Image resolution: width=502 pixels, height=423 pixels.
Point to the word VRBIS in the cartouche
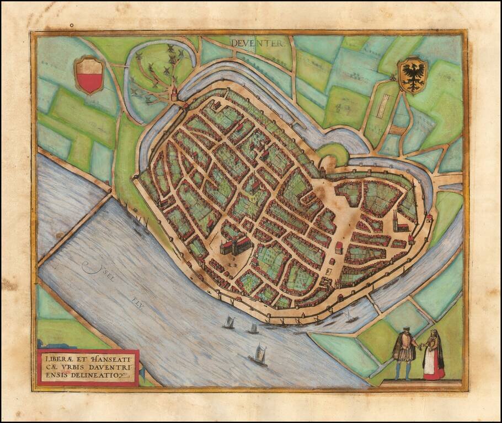[74, 367]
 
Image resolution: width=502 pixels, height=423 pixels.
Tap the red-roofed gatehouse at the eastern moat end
[429, 219]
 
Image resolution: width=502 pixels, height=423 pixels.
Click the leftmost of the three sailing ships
[228, 322]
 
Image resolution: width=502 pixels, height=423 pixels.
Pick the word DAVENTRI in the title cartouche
[108, 367]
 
